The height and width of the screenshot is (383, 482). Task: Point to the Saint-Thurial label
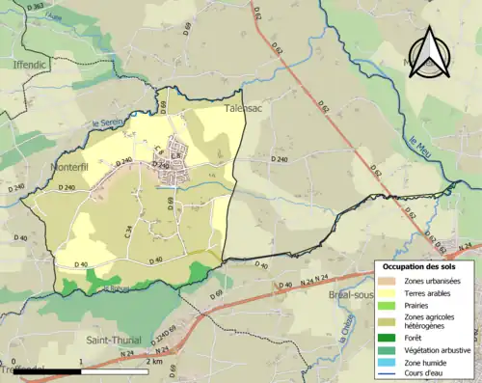pos(114,340)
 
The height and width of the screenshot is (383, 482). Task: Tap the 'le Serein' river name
pos(109,123)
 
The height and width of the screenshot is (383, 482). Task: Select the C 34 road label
pos(127,231)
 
